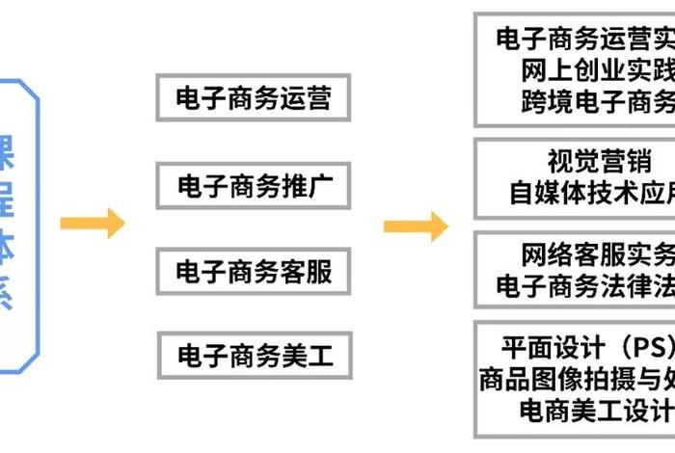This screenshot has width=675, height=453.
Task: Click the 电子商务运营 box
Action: pyautogui.click(x=254, y=98)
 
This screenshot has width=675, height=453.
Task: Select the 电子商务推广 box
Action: pyautogui.click(x=254, y=185)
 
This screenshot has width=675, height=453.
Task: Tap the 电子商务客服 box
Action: pyautogui.click(x=254, y=271)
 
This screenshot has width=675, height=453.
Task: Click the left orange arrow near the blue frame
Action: pyautogui.click(x=93, y=224)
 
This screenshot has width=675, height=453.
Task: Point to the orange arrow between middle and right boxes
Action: pyautogui.click(x=416, y=226)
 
